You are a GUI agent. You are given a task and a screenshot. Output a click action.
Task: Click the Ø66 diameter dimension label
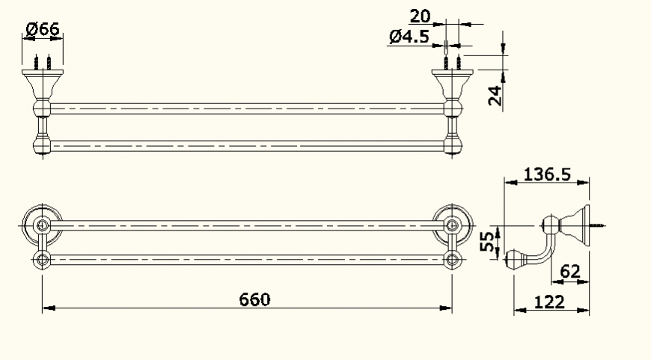tap(42, 29)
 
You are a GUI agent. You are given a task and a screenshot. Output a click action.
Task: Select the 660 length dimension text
tap(254, 299)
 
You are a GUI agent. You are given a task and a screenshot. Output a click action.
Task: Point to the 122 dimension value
tap(550, 302)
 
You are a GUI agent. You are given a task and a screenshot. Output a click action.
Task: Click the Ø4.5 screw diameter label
tap(409, 37)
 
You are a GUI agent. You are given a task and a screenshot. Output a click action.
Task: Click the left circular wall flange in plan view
tap(42, 224)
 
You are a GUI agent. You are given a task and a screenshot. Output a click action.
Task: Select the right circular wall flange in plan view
tap(452, 224)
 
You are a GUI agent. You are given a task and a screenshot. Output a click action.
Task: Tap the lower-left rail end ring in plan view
tap(42, 260)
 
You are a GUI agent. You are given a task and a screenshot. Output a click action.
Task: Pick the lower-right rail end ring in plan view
tap(452, 260)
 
